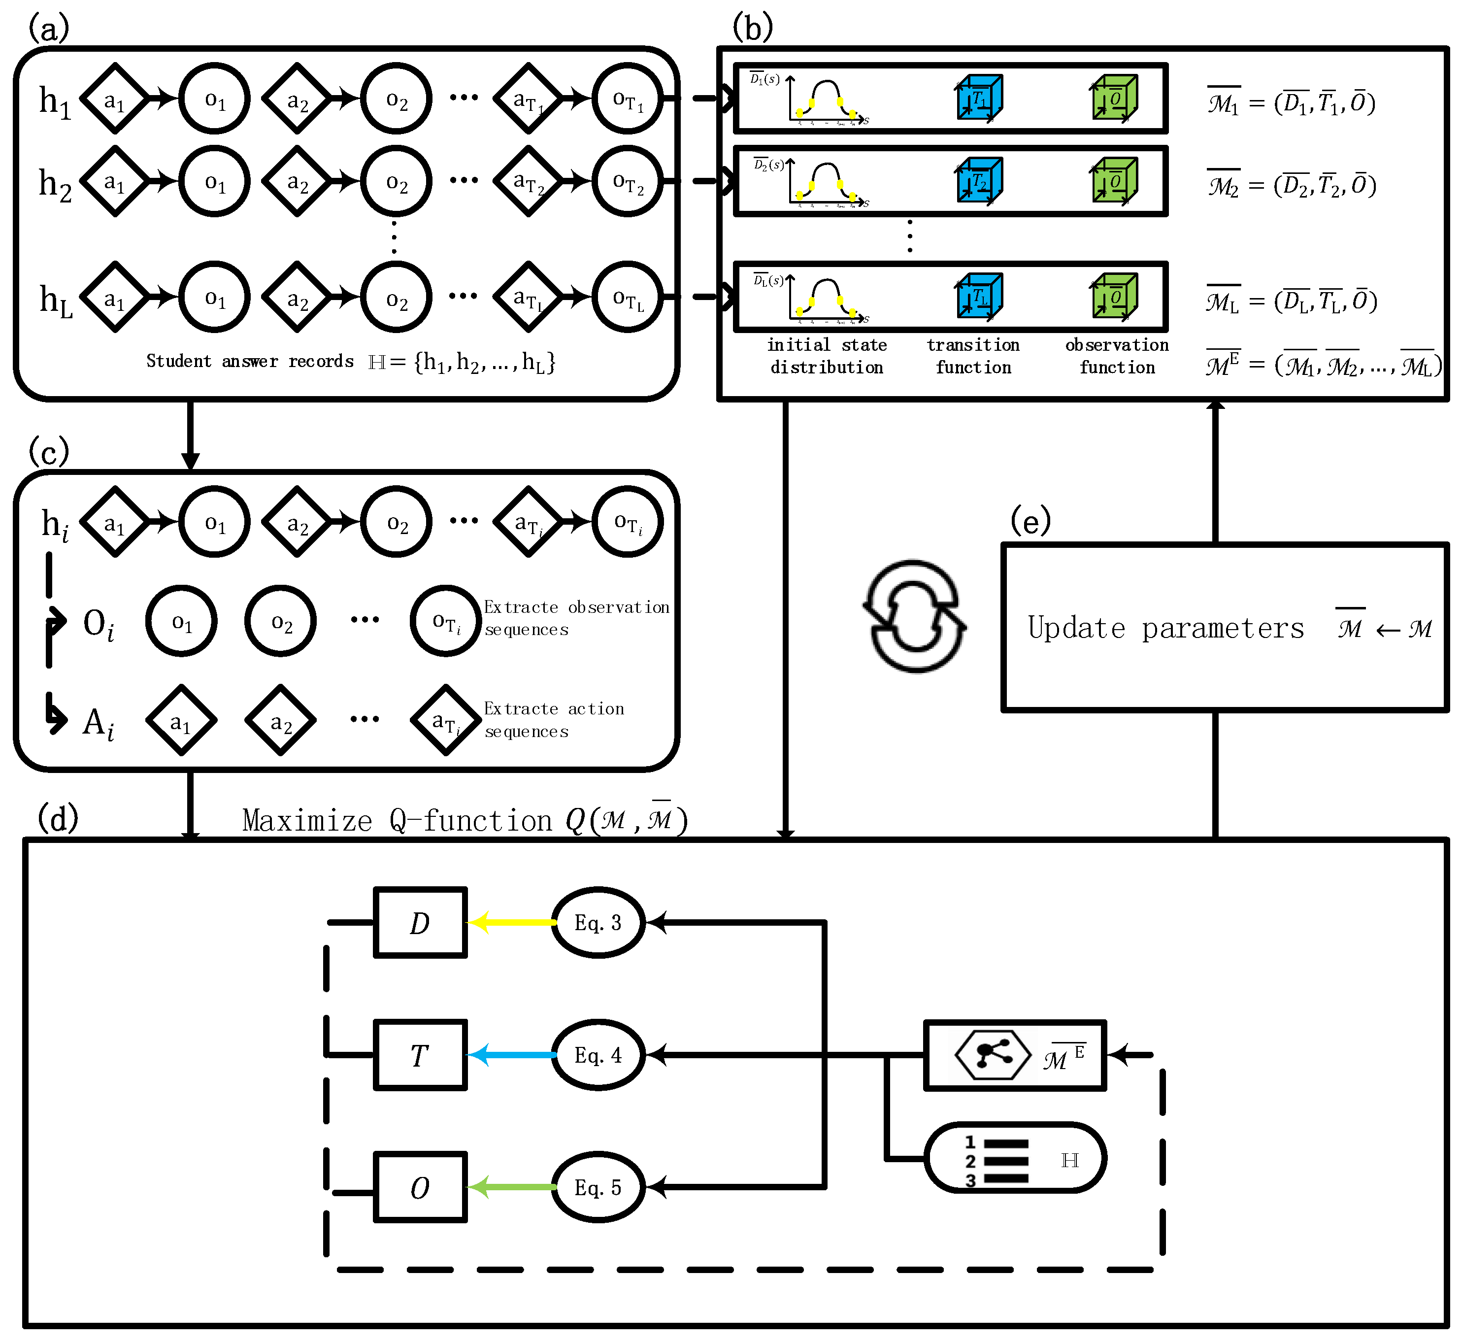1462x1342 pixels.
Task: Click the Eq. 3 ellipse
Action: pyautogui.click(x=598, y=922)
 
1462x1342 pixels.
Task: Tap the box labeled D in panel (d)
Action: pyautogui.click(x=420, y=922)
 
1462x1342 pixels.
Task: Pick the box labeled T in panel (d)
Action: pyautogui.click(x=420, y=1055)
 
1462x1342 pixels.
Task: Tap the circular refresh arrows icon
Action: pyautogui.click(x=915, y=616)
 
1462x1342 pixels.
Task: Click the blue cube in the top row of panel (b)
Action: pyautogui.click(x=979, y=98)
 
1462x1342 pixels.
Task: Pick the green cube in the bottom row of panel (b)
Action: pyautogui.click(x=1114, y=296)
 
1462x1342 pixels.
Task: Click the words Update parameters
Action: pyautogui.click(x=1165, y=628)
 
